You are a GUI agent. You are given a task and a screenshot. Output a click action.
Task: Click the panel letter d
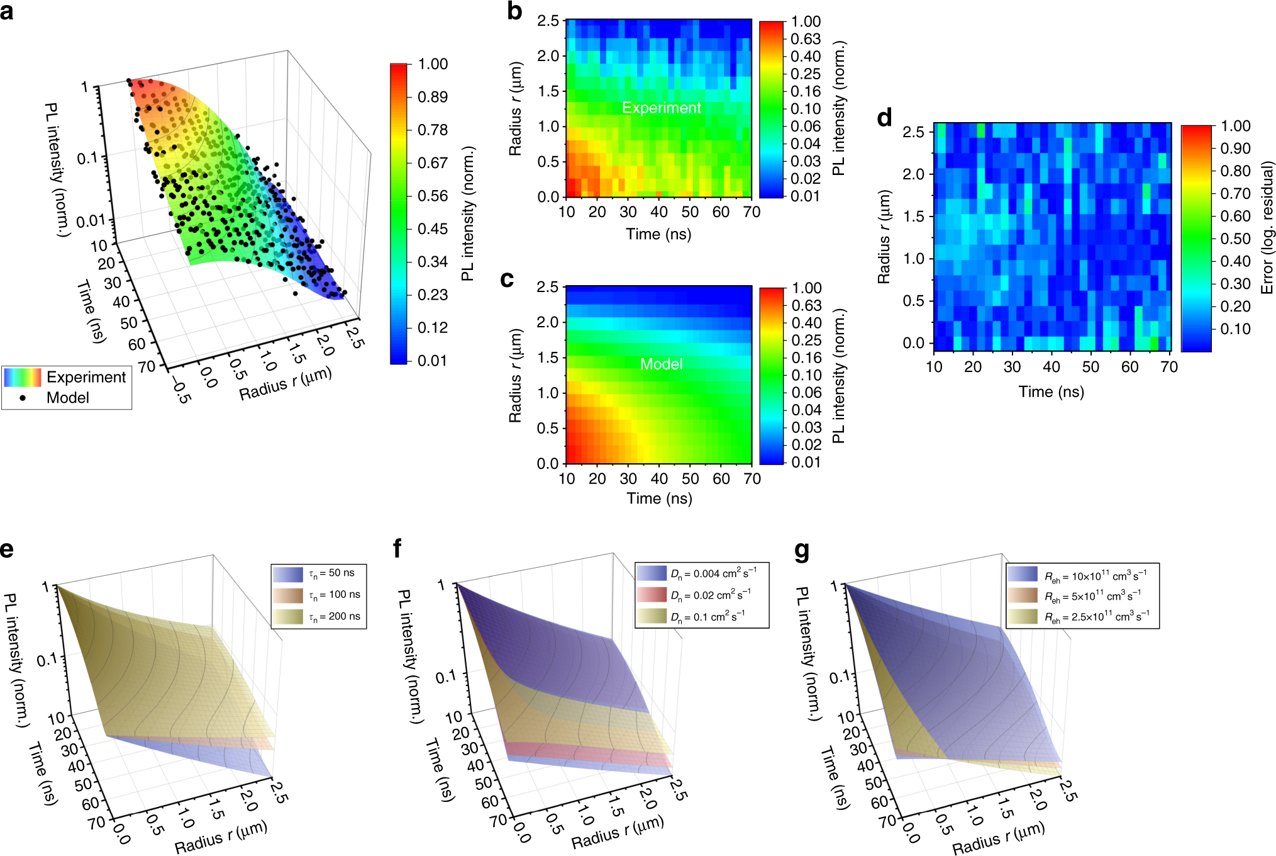tap(884, 118)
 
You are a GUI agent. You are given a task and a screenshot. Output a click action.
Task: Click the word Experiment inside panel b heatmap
tap(661, 108)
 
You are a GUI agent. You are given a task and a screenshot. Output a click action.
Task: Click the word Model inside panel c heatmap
tap(661, 364)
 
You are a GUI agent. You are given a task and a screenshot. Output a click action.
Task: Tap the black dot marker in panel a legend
tap(23, 398)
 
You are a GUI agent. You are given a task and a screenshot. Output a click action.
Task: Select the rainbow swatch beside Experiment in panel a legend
tap(23, 377)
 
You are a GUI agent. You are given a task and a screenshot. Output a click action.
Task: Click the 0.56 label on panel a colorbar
tap(433, 196)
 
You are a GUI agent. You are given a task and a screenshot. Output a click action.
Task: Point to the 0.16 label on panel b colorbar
tap(806, 91)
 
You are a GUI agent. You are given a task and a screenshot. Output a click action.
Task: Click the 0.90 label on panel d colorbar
tap(1235, 149)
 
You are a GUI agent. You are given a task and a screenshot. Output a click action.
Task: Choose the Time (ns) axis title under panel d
tap(1051, 391)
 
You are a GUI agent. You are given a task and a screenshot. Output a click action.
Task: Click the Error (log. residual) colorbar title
tap(1267, 227)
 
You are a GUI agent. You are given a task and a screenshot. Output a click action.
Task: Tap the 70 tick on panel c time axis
tap(752, 479)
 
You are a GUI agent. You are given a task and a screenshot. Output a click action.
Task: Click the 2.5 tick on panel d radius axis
tap(913, 132)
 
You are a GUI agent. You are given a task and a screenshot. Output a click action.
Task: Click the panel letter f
tap(397, 549)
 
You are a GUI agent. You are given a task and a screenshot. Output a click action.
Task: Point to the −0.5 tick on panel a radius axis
tap(181, 391)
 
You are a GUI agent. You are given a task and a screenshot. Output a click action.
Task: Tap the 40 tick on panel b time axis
tap(658, 212)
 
